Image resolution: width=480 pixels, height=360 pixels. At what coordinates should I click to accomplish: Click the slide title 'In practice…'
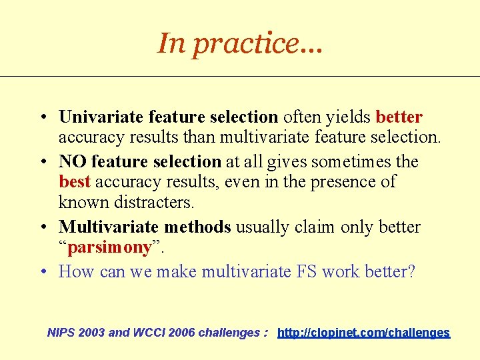coord(239,43)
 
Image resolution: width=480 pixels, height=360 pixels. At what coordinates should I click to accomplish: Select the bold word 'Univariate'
coord(101,117)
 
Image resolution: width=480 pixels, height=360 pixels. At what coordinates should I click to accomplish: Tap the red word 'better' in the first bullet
coord(399,117)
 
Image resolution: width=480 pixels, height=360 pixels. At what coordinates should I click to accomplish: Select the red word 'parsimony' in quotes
coord(110,247)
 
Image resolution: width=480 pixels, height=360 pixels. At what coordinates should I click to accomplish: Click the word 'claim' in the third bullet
coord(312,227)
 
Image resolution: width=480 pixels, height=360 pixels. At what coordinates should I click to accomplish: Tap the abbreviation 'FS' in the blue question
coord(308,271)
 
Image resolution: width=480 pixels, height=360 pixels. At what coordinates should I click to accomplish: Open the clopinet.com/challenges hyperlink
coord(363,332)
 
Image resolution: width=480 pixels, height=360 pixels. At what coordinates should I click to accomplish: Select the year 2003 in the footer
coord(93,332)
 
